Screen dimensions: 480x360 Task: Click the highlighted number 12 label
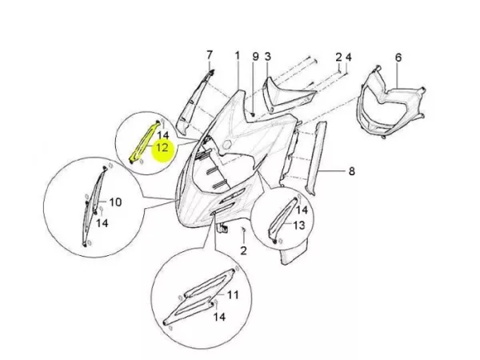[x=162, y=147]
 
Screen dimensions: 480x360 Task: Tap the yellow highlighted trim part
[x=144, y=142]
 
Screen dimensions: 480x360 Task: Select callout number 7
[x=210, y=55]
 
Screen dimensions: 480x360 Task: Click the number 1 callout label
[x=238, y=56]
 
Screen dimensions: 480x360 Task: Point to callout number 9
[x=255, y=56]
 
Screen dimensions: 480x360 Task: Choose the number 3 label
[x=268, y=56]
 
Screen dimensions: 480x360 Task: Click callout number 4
[x=348, y=57]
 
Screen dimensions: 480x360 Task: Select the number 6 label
[x=398, y=58]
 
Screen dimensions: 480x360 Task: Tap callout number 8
[x=352, y=171]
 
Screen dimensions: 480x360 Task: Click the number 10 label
[x=115, y=202]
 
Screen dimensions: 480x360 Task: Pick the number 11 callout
[x=232, y=295]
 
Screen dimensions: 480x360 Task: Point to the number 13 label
[x=298, y=226]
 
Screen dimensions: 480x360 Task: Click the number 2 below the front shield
[x=243, y=250]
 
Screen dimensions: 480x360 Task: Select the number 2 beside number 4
[x=338, y=57]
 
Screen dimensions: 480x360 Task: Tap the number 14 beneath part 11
[x=219, y=317]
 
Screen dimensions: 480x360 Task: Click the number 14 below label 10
[x=102, y=223]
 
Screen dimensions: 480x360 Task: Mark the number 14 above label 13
[x=302, y=210]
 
